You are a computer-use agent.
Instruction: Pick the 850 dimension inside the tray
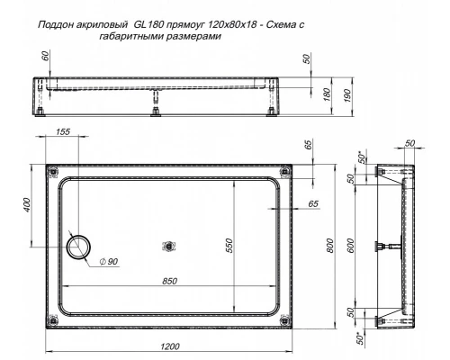click(164, 281)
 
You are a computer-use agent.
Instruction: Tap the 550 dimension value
click(229, 246)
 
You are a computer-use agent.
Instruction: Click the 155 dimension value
click(63, 132)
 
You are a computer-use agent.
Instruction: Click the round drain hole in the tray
click(79, 245)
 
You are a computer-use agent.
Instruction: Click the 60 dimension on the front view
click(33, 58)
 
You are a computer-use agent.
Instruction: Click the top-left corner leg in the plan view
click(50, 171)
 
